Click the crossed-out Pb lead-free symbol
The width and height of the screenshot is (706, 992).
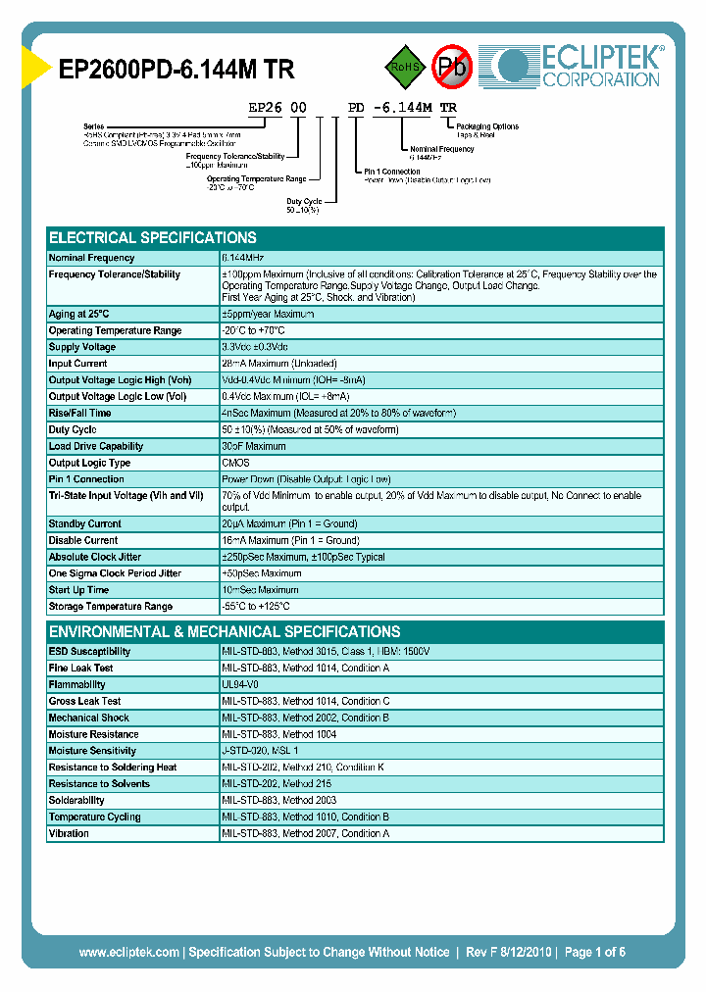(x=453, y=67)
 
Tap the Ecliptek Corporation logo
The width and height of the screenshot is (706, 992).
(x=579, y=66)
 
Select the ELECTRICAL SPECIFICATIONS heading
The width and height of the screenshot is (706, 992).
(x=153, y=238)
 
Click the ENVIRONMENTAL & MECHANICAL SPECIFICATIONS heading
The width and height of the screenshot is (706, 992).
(x=225, y=632)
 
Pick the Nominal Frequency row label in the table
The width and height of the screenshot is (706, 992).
(x=92, y=258)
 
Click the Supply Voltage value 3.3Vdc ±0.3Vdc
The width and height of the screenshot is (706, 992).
(x=256, y=347)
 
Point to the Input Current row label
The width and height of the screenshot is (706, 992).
(x=78, y=364)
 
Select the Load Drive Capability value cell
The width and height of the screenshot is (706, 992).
(x=254, y=446)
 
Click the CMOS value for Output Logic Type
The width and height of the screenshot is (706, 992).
(x=235, y=463)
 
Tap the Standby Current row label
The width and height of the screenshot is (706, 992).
(x=85, y=523)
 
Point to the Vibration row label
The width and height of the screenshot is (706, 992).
(x=69, y=833)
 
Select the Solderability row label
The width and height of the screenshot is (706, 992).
(x=76, y=801)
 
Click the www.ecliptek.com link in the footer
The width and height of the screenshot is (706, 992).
(x=128, y=952)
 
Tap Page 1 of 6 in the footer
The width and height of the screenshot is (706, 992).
(x=594, y=952)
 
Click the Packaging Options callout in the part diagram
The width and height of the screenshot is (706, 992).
(x=487, y=127)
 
